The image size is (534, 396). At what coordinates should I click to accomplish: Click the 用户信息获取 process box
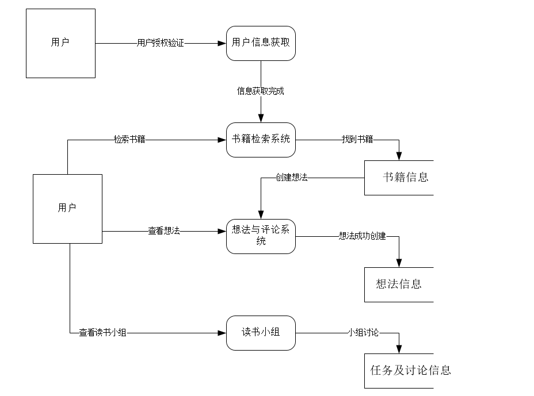(261, 43)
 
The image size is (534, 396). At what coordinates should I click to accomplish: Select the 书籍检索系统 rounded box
(261, 140)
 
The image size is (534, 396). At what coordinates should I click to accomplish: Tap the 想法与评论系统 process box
(261, 236)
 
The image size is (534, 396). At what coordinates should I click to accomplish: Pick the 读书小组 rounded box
(261, 333)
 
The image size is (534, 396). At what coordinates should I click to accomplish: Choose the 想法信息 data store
(399, 284)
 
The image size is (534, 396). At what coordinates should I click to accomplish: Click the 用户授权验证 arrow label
(161, 43)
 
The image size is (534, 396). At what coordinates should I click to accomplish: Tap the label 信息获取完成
(261, 91)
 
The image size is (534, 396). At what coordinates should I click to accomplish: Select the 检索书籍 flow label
(129, 140)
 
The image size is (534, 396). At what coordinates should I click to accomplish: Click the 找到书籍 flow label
(357, 140)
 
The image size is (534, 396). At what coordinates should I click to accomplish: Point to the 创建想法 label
(291, 178)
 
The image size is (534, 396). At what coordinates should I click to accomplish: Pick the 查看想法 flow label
(164, 231)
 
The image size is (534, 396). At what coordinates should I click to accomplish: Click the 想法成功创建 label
(362, 236)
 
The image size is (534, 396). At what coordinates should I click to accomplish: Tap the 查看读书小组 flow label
(102, 333)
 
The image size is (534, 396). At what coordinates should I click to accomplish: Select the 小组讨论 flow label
(363, 333)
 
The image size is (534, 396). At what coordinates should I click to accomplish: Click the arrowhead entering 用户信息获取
(222, 43)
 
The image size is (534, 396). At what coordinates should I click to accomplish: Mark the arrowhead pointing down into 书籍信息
(399, 156)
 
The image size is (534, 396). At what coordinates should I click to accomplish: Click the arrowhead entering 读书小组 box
(222, 333)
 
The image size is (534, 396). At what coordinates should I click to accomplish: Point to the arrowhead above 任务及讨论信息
(399, 349)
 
